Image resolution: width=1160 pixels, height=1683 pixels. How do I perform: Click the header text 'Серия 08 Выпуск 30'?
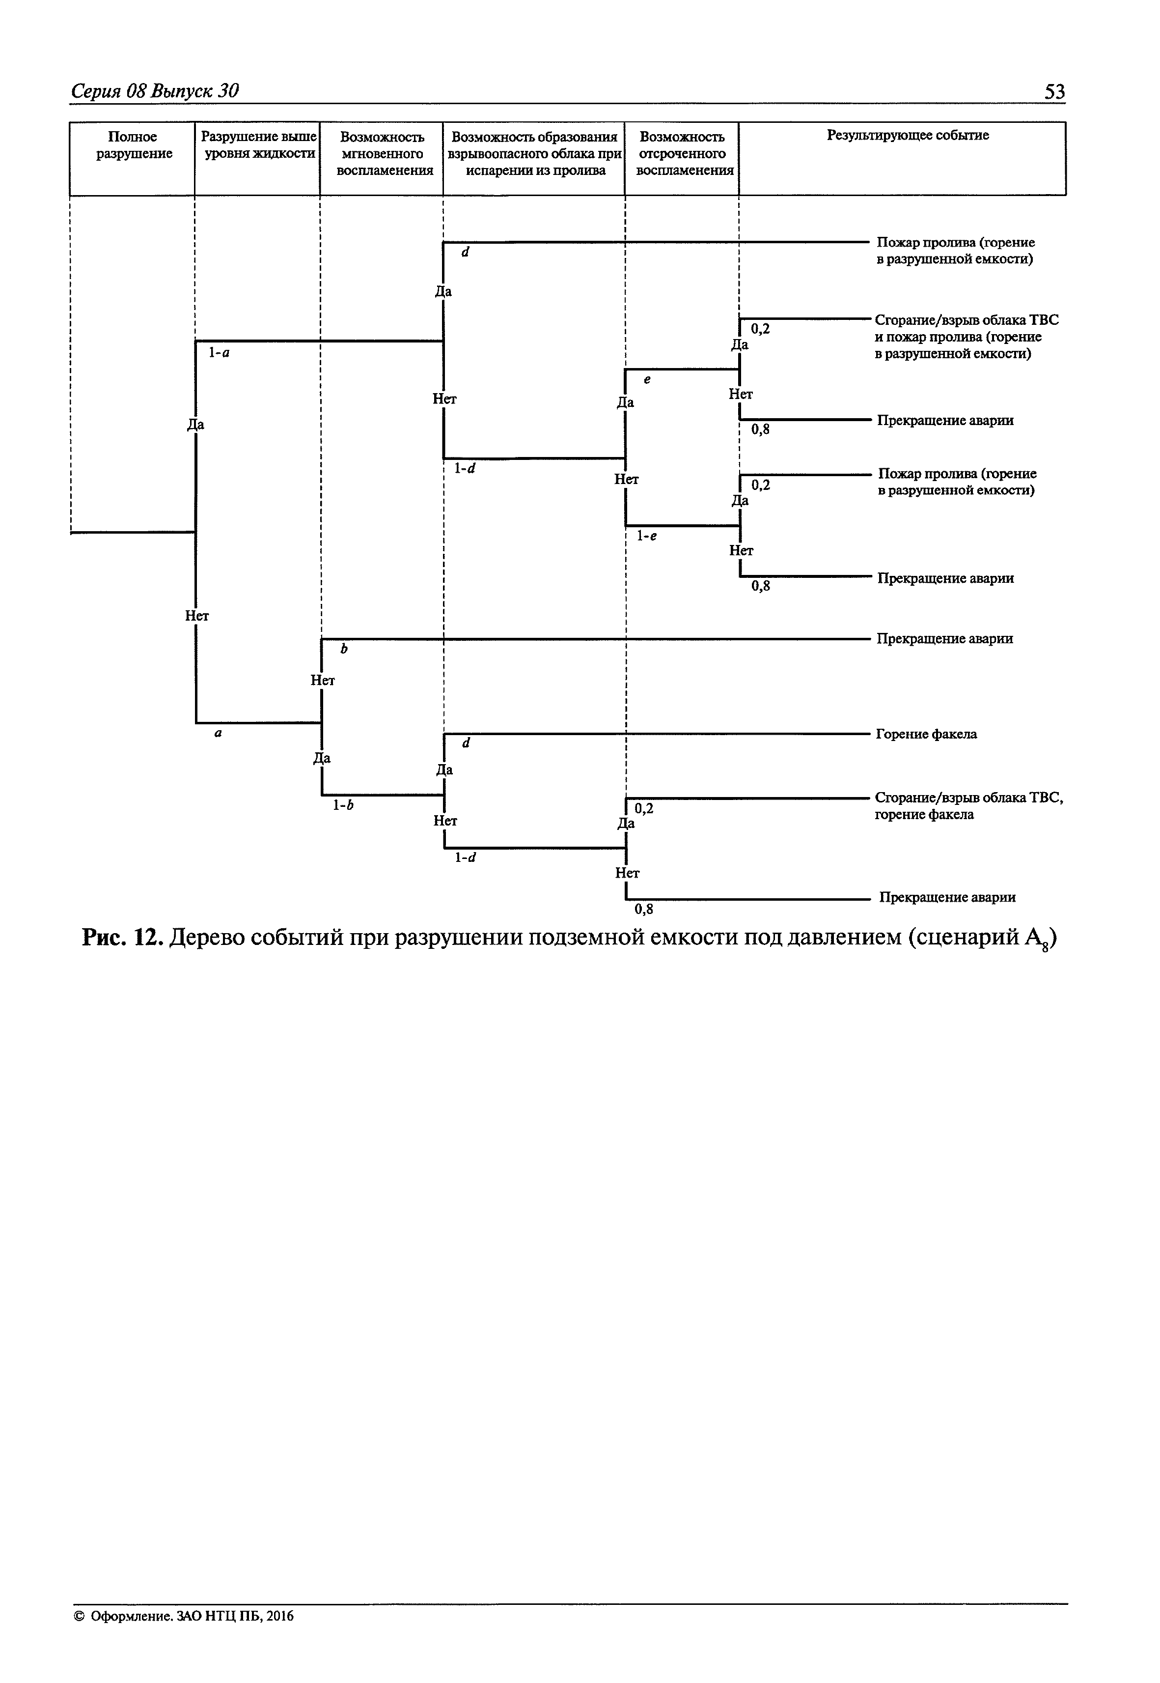pos(155,91)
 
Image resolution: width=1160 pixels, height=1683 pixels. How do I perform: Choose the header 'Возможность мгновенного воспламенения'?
pos(382,153)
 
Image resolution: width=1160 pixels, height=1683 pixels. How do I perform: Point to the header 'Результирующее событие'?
pos(908,136)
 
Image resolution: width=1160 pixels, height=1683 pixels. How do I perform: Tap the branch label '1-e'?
pos(647,536)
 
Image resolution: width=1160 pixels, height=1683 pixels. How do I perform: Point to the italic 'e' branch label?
pos(647,379)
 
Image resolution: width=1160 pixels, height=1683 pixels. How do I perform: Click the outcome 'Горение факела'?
pos(926,735)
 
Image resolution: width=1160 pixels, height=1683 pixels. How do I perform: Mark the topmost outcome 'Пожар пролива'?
pos(955,251)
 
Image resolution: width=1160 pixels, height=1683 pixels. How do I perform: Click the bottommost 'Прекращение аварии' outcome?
pos(947,897)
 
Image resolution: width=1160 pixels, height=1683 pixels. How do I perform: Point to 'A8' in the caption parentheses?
pos(1036,941)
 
